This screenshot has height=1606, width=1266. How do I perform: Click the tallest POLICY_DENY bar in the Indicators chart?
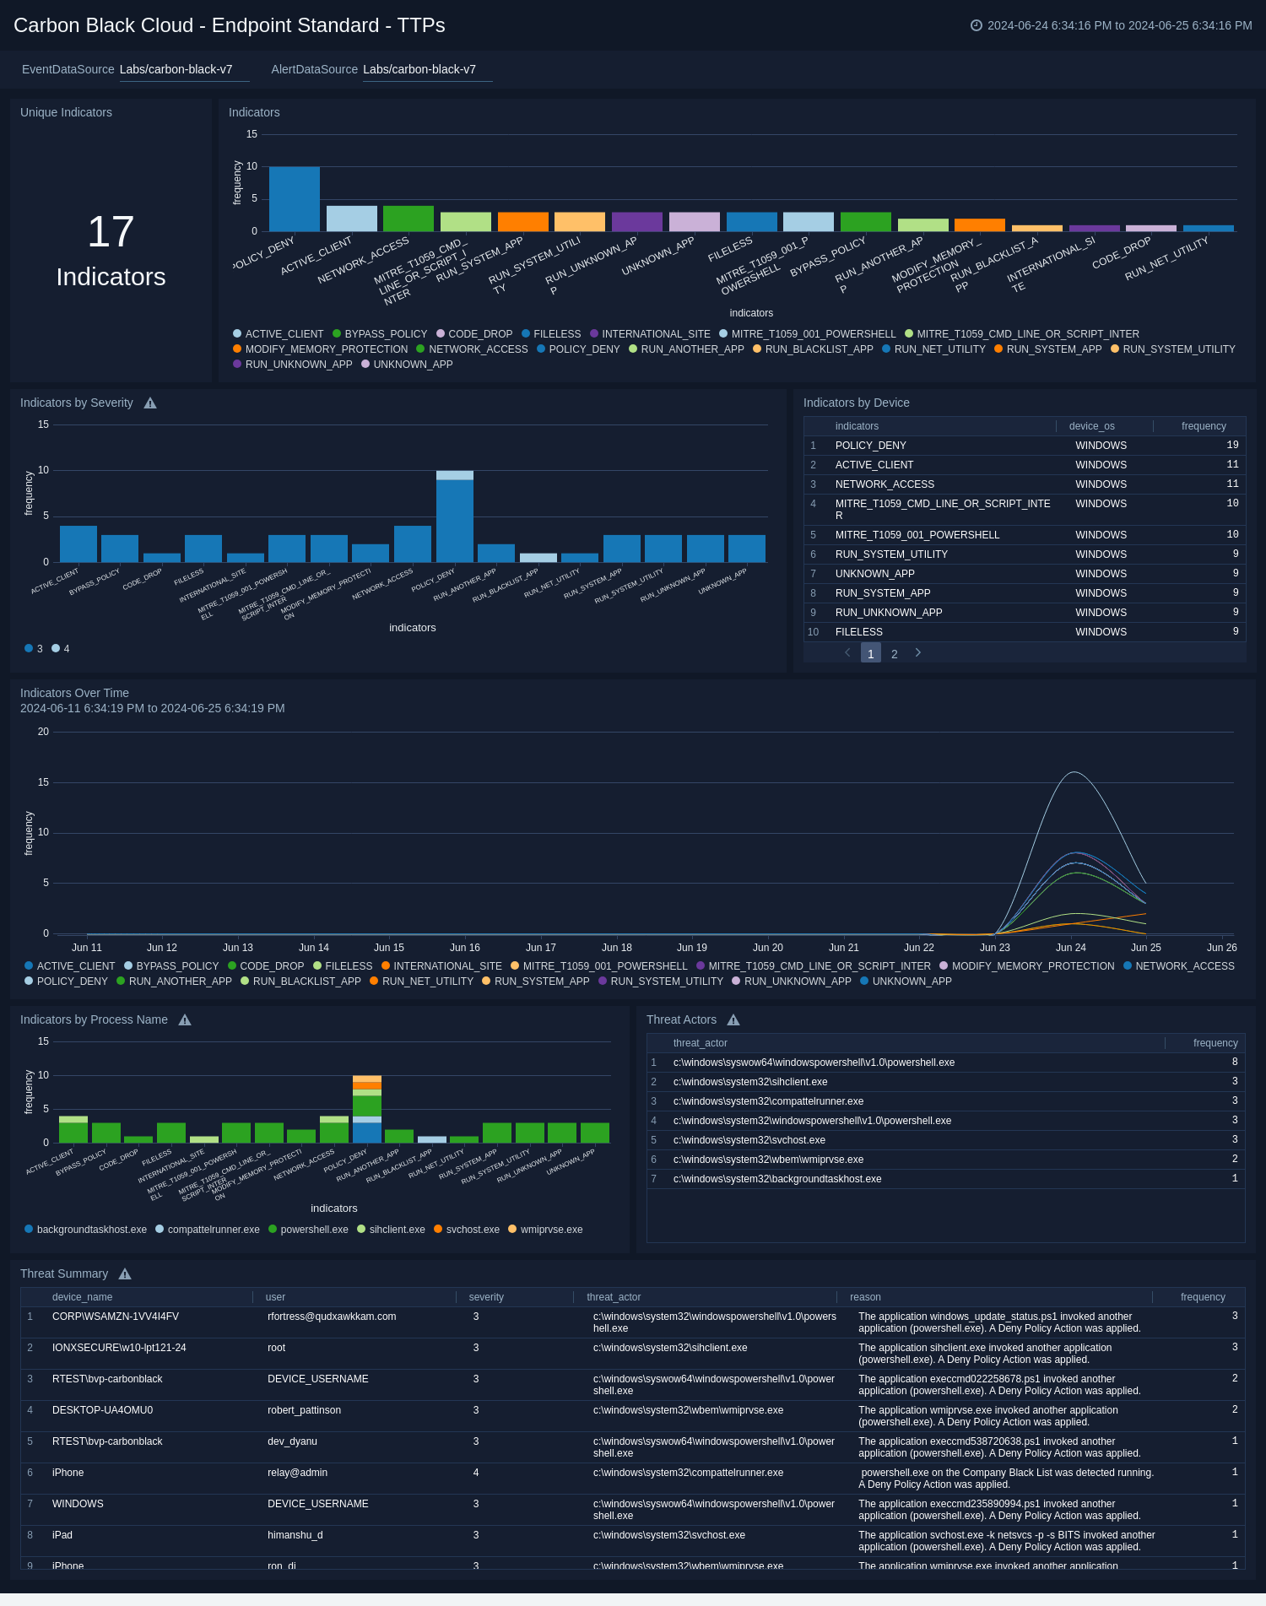pos(294,199)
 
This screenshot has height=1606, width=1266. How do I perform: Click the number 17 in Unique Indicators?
pos(111,232)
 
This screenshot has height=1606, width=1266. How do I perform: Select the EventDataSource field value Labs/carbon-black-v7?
pos(176,69)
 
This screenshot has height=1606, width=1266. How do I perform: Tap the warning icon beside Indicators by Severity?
pos(150,403)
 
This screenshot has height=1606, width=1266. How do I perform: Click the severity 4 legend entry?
pos(61,649)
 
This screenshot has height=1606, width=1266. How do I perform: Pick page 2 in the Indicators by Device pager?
pos(894,654)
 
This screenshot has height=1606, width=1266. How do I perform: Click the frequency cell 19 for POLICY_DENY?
pos(1232,445)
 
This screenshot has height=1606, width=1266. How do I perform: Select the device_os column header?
pos(1091,426)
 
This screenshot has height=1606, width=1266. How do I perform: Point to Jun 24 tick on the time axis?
pos(1070,948)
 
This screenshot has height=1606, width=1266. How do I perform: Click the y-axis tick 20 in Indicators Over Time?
pos(43,732)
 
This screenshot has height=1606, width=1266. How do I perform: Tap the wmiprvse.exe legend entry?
pos(545,1230)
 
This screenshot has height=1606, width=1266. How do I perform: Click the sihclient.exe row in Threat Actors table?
pos(749,1082)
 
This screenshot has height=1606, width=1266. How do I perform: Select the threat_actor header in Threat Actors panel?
pos(700,1043)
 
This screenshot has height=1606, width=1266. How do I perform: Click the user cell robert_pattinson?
pos(304,1410)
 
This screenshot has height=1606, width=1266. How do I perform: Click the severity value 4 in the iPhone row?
pos(475,1473)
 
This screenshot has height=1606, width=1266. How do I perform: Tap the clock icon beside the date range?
pos(976,25)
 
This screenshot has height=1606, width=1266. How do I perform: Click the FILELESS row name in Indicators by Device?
pos(858,632)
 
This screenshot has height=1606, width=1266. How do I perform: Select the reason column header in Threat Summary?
pos(864,1297)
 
